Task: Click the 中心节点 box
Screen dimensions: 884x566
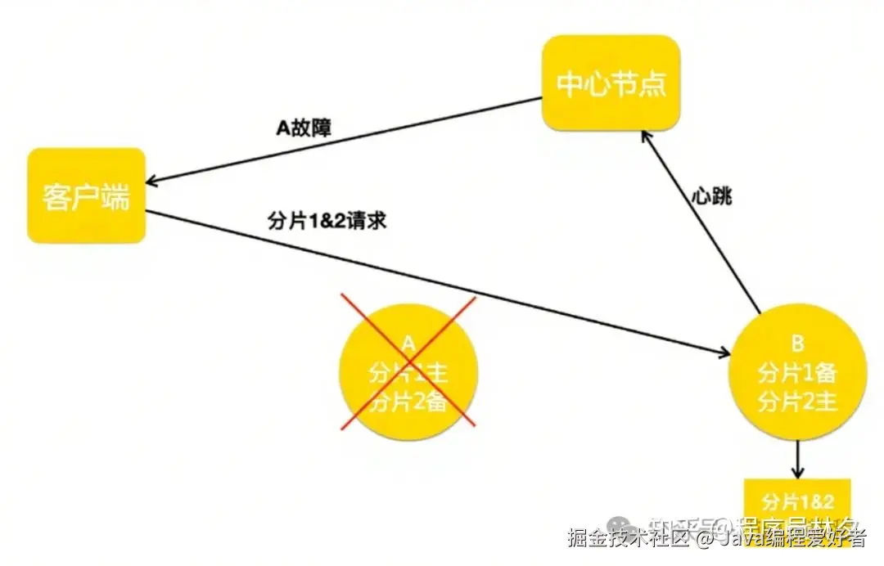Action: tap(611, 83)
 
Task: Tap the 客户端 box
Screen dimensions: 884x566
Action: tap(86, 195)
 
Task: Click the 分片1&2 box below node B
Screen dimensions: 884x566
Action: tap(797, 501)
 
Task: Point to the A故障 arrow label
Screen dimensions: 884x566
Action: tap(304, 128)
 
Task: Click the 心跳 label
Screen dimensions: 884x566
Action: tap(708, 197)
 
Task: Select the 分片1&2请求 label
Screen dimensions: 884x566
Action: tap(327, 221)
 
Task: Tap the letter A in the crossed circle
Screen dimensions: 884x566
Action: tap(409, 343)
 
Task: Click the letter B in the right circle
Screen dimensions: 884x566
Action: tap(797, 344)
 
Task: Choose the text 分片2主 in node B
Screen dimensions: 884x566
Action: tap(797, 402)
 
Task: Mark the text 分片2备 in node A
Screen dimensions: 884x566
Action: tap(408, 402)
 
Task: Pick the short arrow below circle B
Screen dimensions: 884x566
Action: tap(797, 461)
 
